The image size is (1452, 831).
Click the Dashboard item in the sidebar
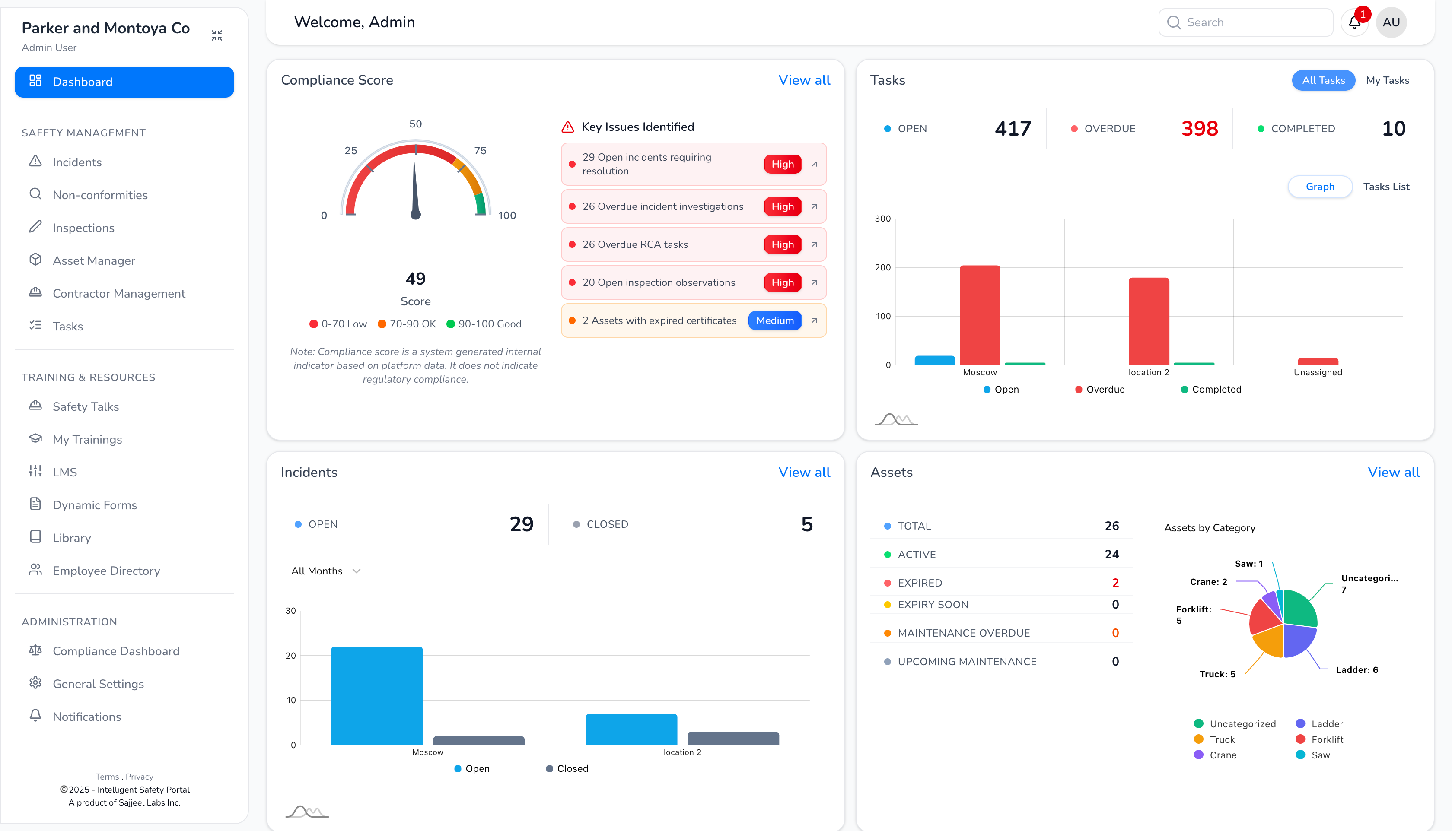pos(124,82)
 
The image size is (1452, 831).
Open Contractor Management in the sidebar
pos(118,293)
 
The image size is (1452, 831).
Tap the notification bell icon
pos(1354,22)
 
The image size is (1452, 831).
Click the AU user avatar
pos(1391,22)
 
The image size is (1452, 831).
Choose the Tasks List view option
pos(1386,187)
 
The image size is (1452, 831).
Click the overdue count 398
pos(1199,128)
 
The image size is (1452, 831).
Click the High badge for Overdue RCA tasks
pos(782,244)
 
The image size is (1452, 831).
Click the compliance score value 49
pos(415,279)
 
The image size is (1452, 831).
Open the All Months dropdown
pos(325,571)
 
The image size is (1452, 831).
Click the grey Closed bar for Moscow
pos(478,740)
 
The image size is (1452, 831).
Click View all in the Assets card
pos(1393,472)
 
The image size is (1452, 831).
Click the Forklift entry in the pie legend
pos(1326,739)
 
